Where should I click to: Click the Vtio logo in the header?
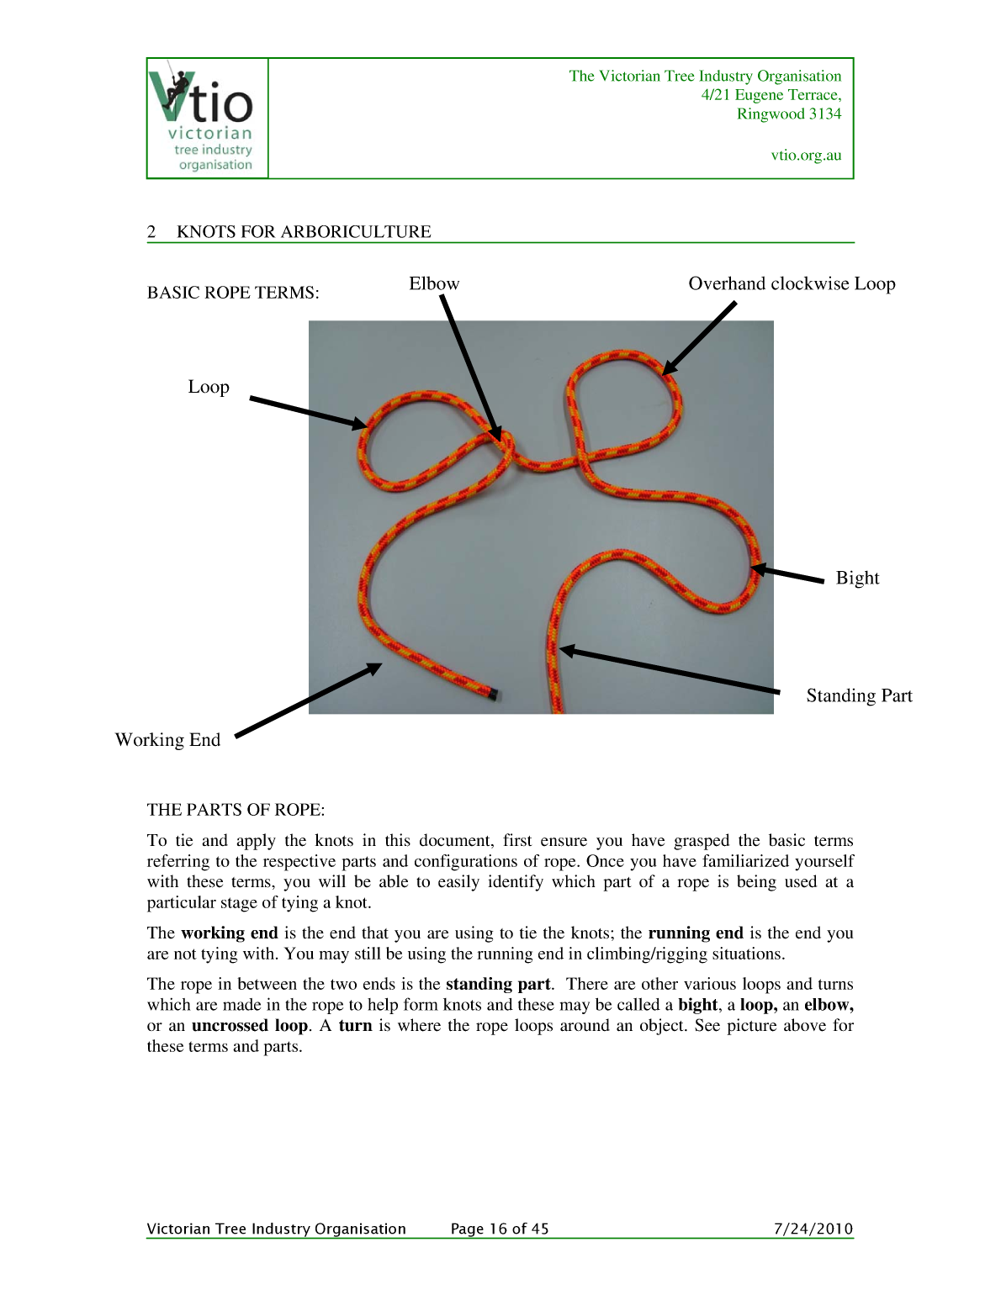208,118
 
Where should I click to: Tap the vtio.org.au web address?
806,155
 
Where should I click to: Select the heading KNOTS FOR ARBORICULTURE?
304,231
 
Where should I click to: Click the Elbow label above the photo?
434,283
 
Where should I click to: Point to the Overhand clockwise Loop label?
792,283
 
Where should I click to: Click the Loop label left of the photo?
209,387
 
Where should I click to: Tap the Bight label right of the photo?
857,578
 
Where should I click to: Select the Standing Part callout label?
859,695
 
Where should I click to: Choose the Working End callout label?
167,740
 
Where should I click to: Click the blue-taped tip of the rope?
493,695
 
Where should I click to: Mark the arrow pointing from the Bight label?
787,574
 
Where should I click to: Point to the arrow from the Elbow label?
470,367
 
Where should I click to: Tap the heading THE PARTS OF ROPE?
236,810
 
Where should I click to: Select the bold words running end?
696,933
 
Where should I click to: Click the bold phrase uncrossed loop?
250,1025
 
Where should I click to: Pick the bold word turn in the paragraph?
355,1025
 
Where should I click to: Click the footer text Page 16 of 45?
500,1229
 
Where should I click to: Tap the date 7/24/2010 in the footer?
813,1229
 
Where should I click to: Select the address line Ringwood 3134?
788,114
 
